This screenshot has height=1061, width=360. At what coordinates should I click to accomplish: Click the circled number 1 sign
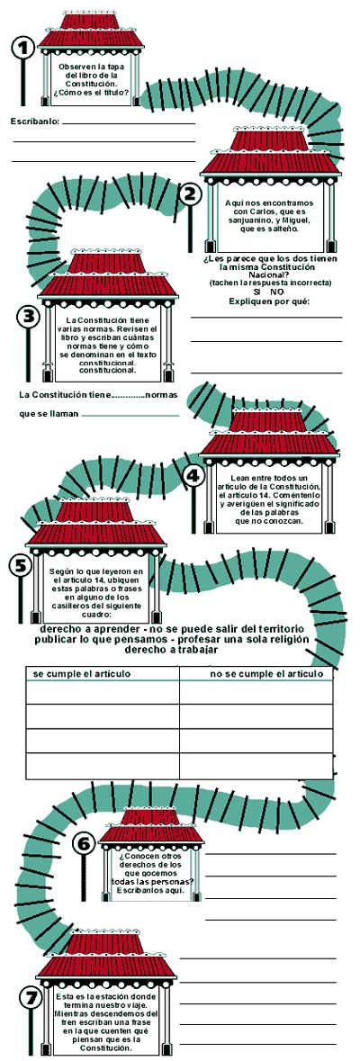point(23,48)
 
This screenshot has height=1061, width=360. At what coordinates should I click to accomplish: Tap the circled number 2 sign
point(191,195)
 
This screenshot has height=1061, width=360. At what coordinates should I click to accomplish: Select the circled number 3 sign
point(28,316)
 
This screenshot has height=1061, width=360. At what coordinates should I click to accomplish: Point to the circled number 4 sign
point(194,475)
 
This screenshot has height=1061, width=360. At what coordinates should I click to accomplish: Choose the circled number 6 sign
point(84,843)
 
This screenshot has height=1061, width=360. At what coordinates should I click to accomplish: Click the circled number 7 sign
point(29,996)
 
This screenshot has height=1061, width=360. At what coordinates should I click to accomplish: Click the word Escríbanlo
point(35,121)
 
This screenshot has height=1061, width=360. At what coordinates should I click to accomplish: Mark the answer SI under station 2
point(257,292)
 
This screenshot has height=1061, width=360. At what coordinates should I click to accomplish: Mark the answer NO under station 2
point(277,292)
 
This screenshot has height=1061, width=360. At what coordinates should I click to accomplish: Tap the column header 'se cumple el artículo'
point(82,674)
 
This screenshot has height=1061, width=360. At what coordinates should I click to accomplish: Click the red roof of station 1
point(92,31)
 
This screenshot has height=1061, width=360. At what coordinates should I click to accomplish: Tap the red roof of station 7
point(106,955)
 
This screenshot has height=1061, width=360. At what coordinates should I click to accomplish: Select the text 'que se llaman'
point(49,414)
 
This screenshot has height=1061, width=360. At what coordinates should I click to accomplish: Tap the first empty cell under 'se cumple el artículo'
point(103,692)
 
